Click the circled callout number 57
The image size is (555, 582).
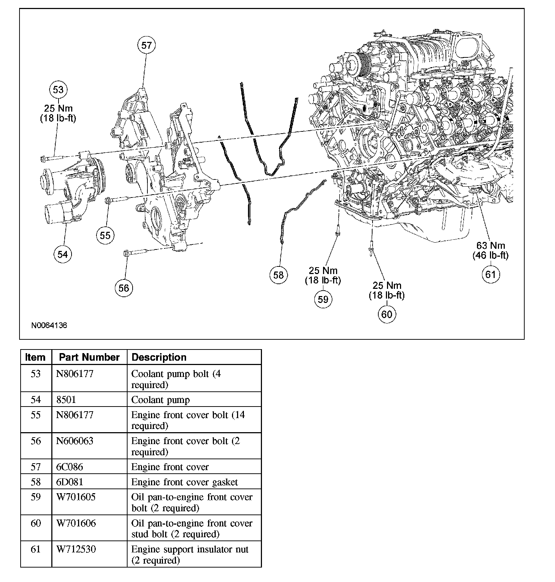click(146, 45)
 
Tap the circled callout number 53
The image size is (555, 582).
click(58, 90)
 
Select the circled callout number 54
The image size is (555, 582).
click(63, 254)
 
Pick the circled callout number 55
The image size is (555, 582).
click(105, 235)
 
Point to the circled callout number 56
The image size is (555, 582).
click(124, 288)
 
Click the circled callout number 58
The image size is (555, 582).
click(278, 275)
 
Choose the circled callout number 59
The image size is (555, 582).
click(323, 299)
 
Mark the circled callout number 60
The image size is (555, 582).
click(387, 314)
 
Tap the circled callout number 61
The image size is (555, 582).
click(490, 274)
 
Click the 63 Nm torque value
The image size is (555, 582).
click(490, 246)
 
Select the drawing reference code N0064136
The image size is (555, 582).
click(49, 325)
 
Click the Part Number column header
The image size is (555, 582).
click(89, 357)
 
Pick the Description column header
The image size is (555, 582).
click(159, 357)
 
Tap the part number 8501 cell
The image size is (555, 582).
click(66, 400)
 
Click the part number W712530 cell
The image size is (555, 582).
click(76, 549)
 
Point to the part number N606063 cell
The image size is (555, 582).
click(75, 441)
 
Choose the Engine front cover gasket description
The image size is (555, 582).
click(185, 482)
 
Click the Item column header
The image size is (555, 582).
click(35, 357)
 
